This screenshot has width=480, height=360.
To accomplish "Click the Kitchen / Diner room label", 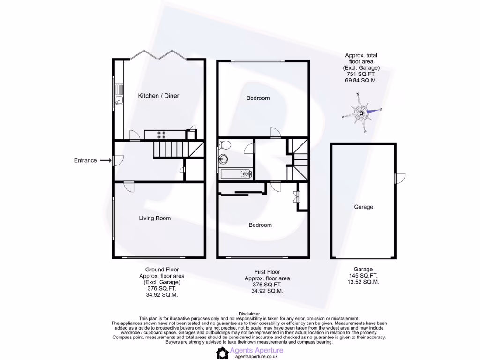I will click(x=158, y=96).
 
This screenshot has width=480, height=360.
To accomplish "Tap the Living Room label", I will click(x=155, y=218).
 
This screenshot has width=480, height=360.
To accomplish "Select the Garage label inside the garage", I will click(x=363, y=207).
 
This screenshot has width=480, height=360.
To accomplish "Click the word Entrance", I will click(x=85, y=160).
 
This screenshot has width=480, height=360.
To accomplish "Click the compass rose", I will click(x=362, y=112).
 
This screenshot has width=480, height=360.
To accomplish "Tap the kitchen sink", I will click(x=119, y=100).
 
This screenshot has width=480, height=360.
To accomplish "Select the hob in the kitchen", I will click(x=162, y=135).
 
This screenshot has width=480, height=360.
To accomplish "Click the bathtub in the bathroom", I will click(x=237, y=174).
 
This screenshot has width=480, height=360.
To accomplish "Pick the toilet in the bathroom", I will click(x=224, y=145).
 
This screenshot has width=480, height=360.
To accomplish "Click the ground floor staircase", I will click(x=171, y=150).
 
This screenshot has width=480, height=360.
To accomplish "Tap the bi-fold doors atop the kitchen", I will click(x=158, y=55).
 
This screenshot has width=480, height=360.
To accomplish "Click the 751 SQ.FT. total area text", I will click(x=361, y=74).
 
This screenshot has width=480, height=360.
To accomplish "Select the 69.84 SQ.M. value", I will click(x=361, y=80).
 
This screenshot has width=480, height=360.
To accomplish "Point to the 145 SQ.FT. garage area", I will click(x=363, y=276).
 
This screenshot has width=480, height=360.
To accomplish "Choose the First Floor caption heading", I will click(x=267, y=272).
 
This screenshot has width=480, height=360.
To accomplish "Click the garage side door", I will click(x=397, y=178).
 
